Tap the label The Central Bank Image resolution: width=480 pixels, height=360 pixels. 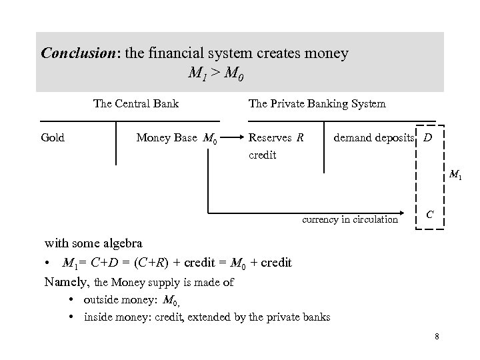point(136,103)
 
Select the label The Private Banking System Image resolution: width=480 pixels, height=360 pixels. point(317,103)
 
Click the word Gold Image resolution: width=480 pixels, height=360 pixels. point(53,138)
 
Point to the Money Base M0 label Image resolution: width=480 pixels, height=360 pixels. point(176,139)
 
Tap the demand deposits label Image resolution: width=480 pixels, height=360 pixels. point(375,138)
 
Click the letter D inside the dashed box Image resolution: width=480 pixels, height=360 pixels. point(427,138)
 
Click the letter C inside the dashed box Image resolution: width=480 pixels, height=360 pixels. point(431,214)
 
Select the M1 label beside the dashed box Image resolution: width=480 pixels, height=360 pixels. point(456,175)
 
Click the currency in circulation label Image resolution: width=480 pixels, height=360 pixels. point(350,219)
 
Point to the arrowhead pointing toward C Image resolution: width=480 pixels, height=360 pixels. point(405,214)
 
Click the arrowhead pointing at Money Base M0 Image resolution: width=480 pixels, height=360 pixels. point(226,139)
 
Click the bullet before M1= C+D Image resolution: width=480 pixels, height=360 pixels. point(49,263)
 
